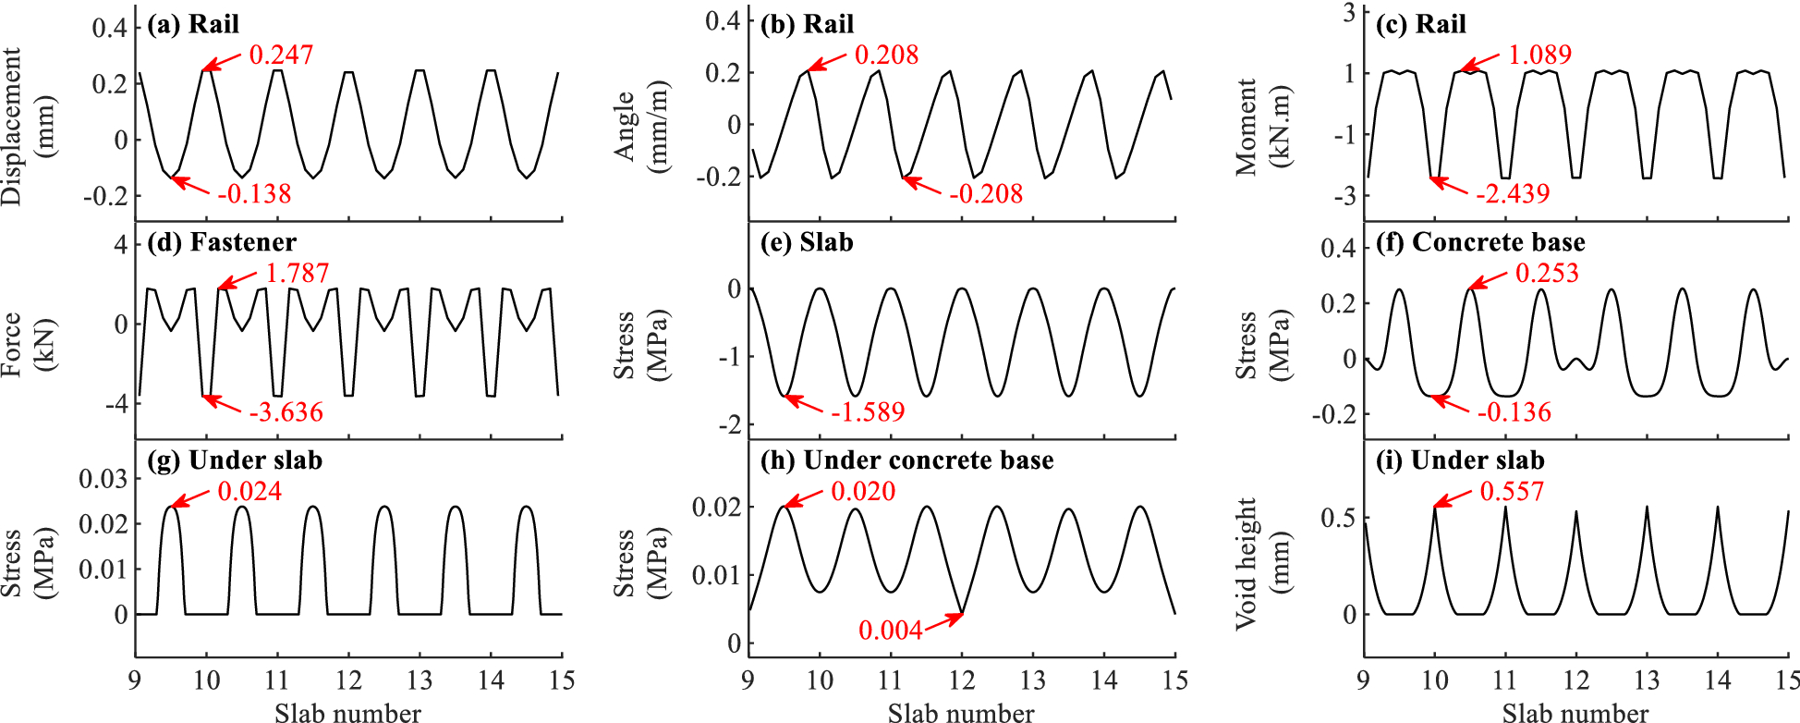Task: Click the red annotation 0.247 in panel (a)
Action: click(x=281, y=55)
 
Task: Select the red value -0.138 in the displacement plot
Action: click(x=255, y=194)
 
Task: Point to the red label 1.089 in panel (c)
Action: click(x=1539, y=55)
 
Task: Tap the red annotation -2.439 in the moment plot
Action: click(x=1513, y=194)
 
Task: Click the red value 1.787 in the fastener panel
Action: click(x=297, y=274)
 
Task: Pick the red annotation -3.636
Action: click(x=286, y=412)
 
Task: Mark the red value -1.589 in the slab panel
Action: click(x=867, y=412)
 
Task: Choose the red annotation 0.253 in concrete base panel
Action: click(x=1547, y=274)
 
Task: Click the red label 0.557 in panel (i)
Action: click(x=1512, y=492)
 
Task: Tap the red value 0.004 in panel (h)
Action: click(x=890, y=631)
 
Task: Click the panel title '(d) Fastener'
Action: click(x=222, y=242)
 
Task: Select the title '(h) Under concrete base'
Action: click(x=906, y=460)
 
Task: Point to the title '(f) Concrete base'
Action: click(x=1480, y=242)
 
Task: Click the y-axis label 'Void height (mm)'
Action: click(x=1260, y=564)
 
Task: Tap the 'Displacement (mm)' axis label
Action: click(x=26, y=128)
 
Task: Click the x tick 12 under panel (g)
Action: click(x=348, y=681)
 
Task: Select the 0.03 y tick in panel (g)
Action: click(x=103, y=479)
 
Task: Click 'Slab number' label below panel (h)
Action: click(x=961, y=713)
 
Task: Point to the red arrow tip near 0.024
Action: click(x=172, y=506)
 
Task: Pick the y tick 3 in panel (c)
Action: click(x=1350, y=12)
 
